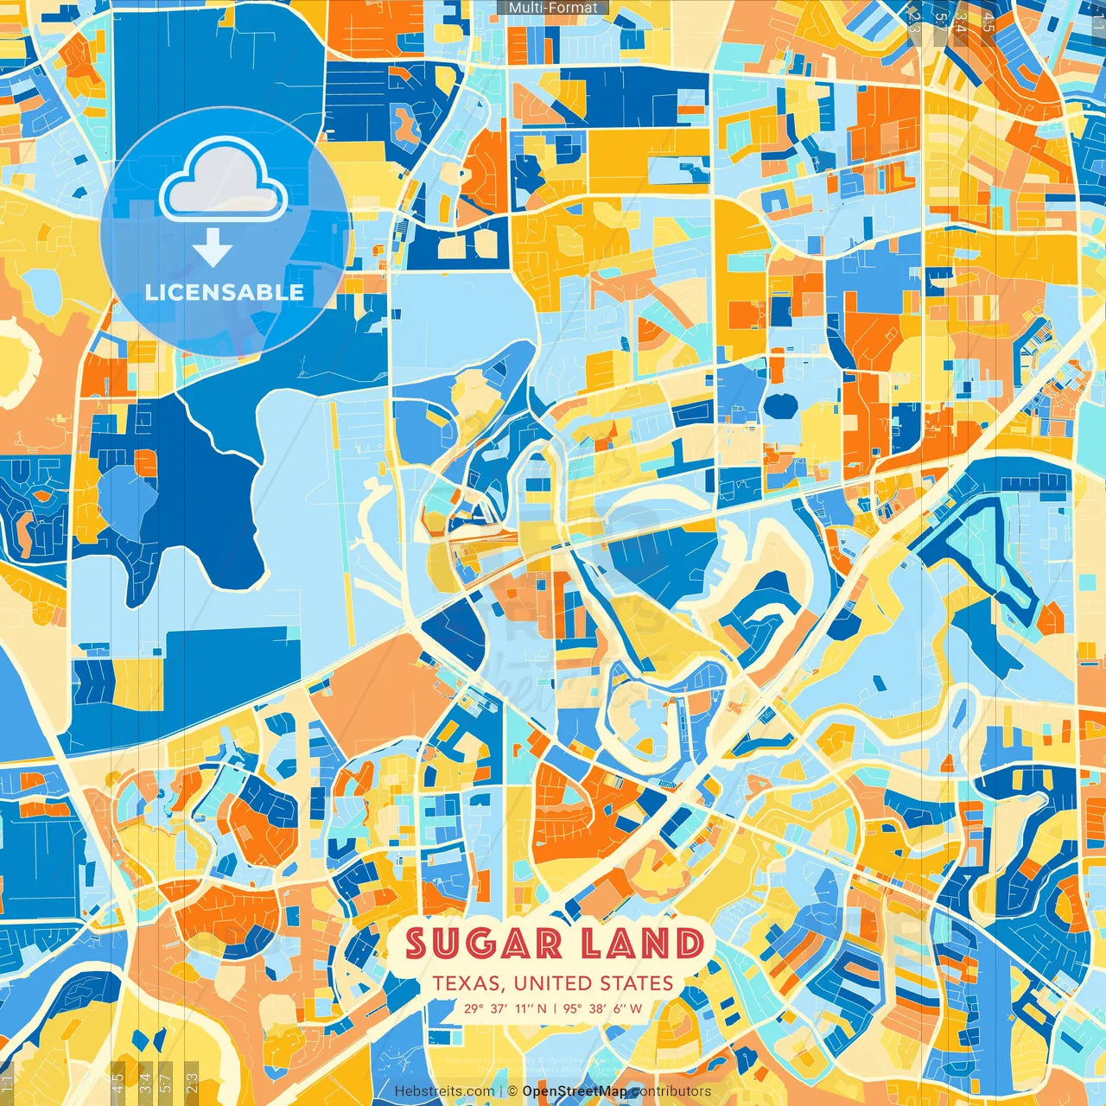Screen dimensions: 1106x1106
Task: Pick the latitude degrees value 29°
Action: coord(474,1008)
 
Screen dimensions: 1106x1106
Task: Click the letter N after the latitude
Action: coord(542,1008)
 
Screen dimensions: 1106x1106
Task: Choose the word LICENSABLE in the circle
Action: coord(225,292)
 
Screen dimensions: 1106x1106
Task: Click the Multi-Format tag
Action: coord(553,8)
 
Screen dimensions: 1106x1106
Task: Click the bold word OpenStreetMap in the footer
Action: coord(575,1091)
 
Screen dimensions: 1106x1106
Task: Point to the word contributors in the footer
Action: coord(671,1091)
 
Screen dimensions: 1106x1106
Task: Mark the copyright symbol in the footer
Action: coord(512,1091)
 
